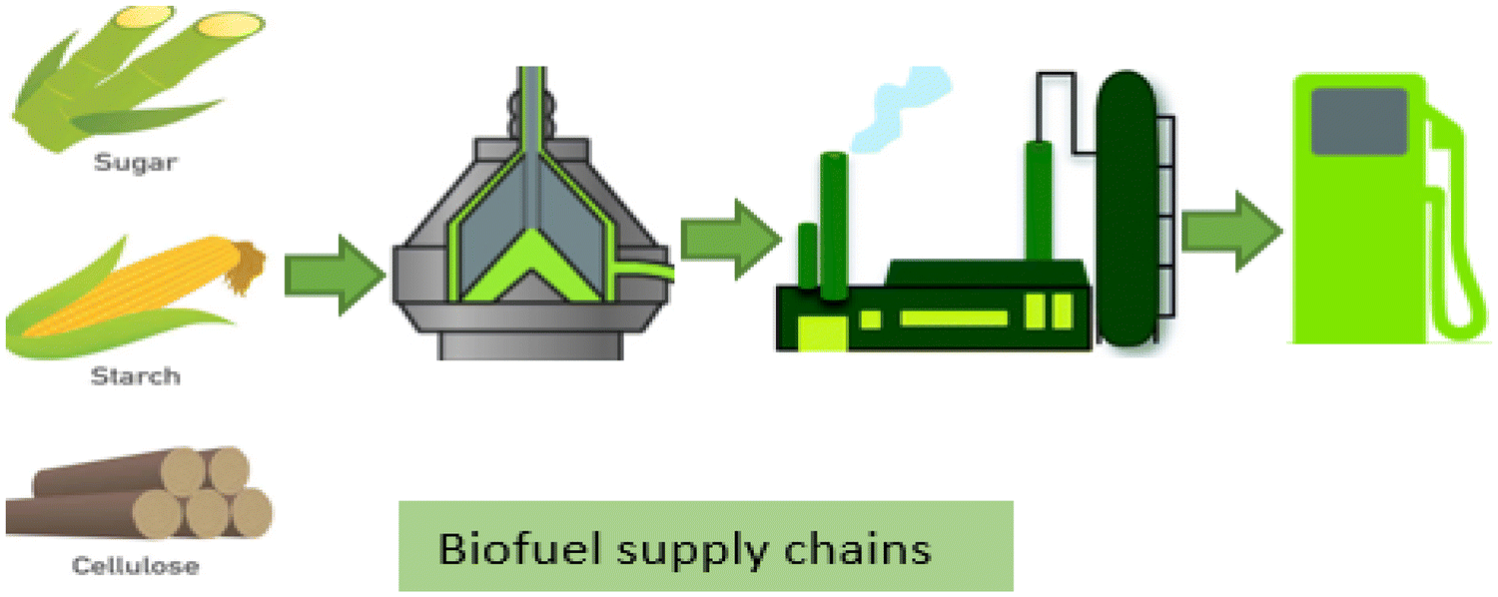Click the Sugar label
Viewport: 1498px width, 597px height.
(x=134, y=161)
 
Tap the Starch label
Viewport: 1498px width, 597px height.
(x=136, y=377)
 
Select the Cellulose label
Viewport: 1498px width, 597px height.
(x=136, y=566)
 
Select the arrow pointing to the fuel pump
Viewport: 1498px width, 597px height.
(x=1231, y=232)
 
